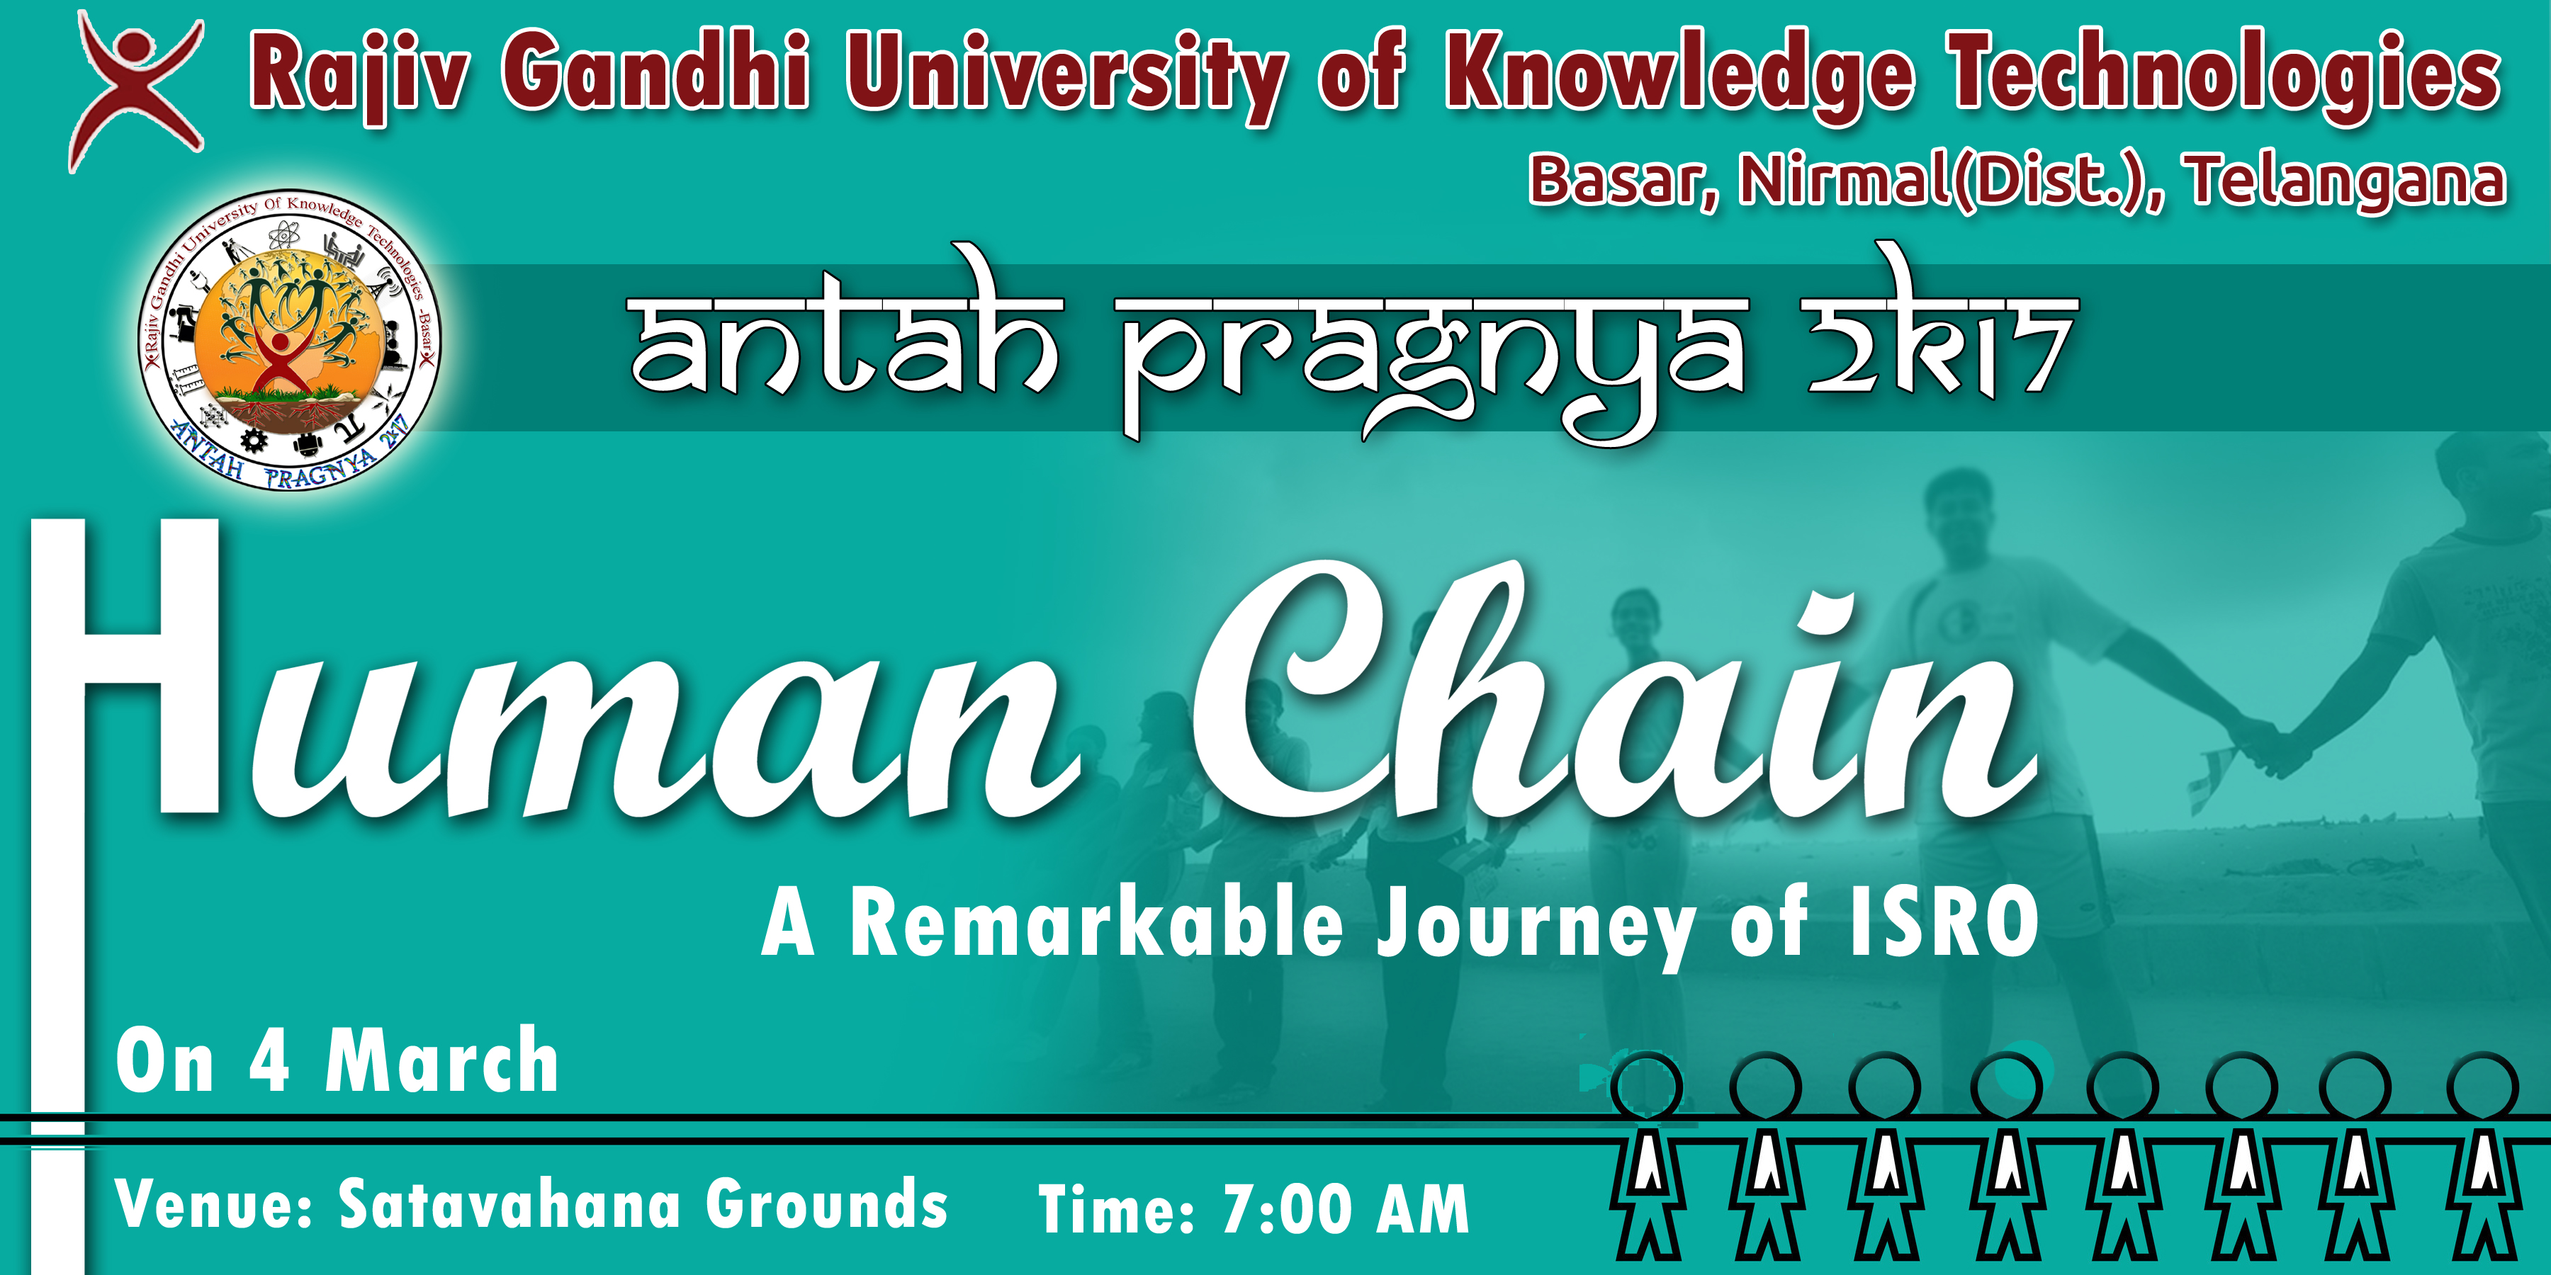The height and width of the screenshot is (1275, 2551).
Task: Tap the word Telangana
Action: click(2347, 181)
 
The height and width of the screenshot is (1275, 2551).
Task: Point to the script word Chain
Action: click(1614, 693)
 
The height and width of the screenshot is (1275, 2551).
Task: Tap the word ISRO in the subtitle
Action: click(1944, 922)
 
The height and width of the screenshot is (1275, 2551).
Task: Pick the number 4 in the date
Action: click(269, 1061)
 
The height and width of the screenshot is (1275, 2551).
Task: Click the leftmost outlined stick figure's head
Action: click(1646, 1087)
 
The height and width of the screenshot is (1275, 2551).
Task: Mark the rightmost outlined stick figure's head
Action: click(2483, 1087)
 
